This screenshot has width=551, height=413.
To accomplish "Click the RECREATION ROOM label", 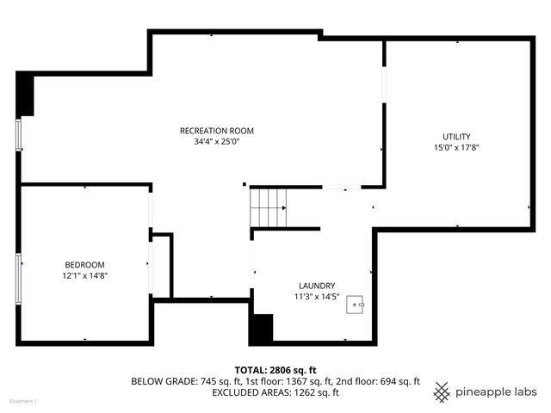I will pyautogui.click(x=216, y=131).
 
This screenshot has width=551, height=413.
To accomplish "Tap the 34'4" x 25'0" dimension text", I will pyautogui.click(x=216, y=142).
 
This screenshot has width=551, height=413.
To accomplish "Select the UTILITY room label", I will pyautogui.click(x=456, y=137).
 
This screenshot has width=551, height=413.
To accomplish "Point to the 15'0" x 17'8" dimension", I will pyautogui.click(x=456, y=148).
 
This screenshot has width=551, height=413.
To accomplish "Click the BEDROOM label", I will pyautogui.click(x=84, y=264).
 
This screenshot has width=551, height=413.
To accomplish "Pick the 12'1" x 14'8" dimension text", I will pyautogui.click(x=84, y=275).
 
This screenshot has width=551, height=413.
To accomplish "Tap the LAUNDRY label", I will pyautogui.click(x=317, y=286).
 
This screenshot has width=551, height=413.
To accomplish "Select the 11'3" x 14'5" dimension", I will pyautogui.click(x=317, y=297).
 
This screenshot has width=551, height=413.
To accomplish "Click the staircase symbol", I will pyautogui.click(x=269, y=208).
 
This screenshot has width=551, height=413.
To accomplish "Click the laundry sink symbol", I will pyautogui.click(x=356, y=304).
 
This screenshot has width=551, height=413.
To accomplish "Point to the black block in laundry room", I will pyautogui.click(x=261, y=329).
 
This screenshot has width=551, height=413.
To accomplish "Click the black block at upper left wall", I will pyautogui.click(x=25, y=94).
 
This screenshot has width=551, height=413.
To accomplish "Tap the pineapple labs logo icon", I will pyautogui.click(x=442, y=391).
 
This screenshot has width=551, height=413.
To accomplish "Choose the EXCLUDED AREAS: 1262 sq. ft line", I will pyautogui.click(x=275, y=393).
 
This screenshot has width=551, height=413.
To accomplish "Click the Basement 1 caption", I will pyautogui.click(x=23, y=402).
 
